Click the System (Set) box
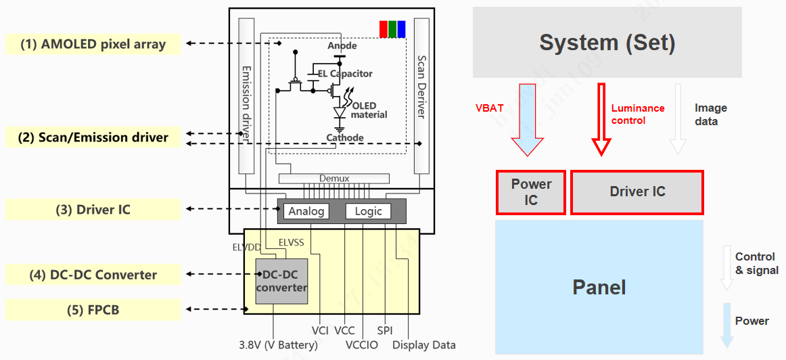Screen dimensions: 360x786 tap(607, 42)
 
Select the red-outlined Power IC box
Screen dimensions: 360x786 tap(530, 192)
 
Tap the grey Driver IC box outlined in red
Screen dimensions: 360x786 tap(637, 192)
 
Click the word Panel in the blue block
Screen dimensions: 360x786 tap(599, 287)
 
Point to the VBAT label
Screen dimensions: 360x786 tap(490, 108)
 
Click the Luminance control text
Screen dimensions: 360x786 tap(637, 114)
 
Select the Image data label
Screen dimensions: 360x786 tap(710, 114)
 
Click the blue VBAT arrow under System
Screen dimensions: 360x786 tap(527, 119)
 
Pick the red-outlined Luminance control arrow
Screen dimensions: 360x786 tap(601, 119)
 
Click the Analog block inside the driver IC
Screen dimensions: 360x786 tap(306, 211)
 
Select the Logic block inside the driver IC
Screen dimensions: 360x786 tap(368, 211)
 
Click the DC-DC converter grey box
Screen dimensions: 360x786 tap(281, 281)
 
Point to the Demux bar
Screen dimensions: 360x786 tap(334, 179)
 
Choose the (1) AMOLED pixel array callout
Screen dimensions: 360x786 tap(93, 45)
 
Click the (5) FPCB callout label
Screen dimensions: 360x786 tap(93, 310)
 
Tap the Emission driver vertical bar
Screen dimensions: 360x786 tap(246, 102)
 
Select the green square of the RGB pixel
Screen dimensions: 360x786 tap(392, 29)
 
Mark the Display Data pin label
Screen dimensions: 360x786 tap(424, 345)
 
